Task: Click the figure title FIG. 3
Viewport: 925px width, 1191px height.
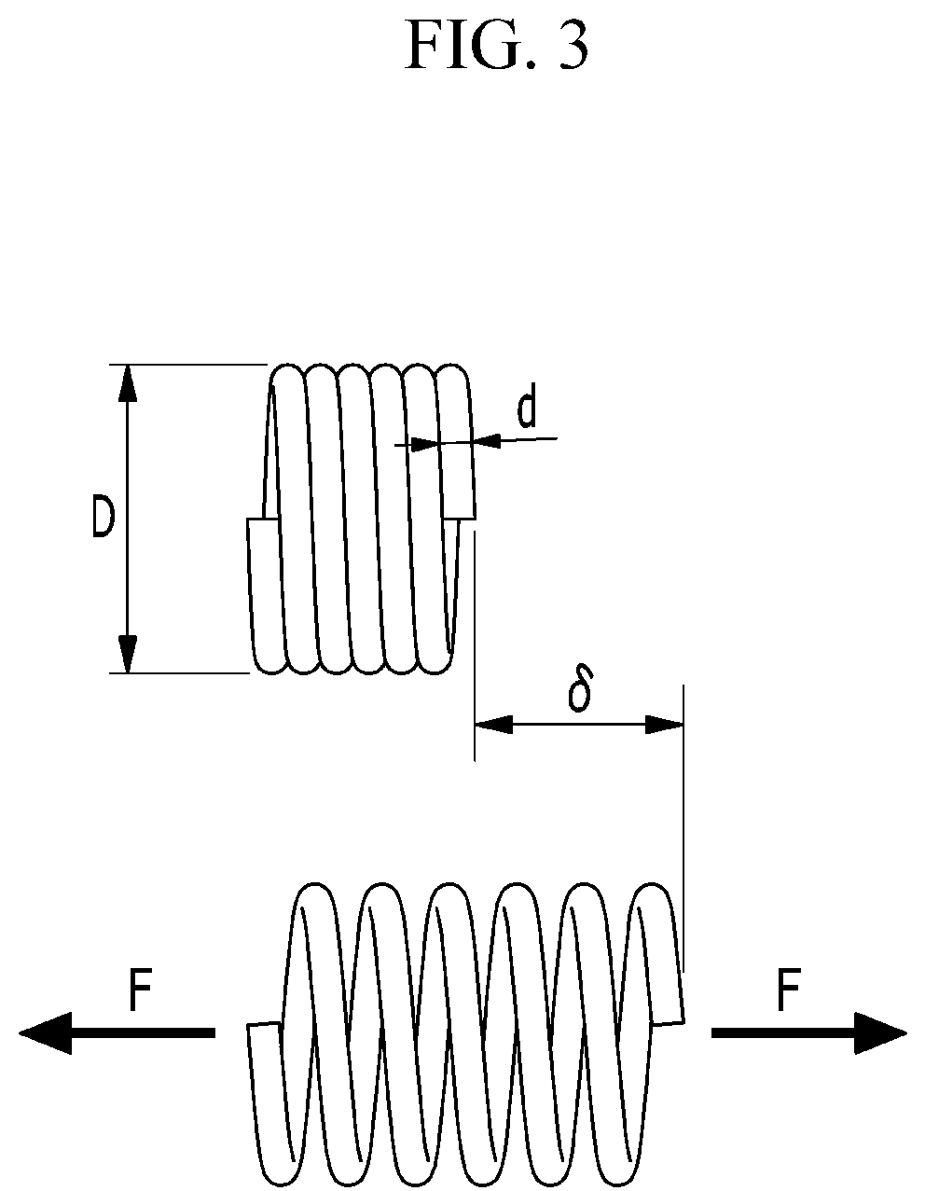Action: [x=496, y=46]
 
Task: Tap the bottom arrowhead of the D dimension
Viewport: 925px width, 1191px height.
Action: [x=128, y=653]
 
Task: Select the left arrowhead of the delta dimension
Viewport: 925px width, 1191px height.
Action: [x=493, y=725]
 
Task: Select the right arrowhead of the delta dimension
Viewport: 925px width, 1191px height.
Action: [x=665, y=725]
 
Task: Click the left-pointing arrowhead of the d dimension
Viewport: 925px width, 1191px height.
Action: [x=486, y=440]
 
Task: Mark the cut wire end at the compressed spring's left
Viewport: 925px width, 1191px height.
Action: [x=263, y=519]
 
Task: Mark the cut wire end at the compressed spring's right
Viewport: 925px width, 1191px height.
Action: [x=459, y=518]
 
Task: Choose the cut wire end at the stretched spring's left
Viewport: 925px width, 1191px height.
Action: [x=264, y=1023]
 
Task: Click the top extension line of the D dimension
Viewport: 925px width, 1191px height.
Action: [x=188, y=364]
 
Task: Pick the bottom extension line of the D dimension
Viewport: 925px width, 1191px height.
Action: [x=179, y=673]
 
